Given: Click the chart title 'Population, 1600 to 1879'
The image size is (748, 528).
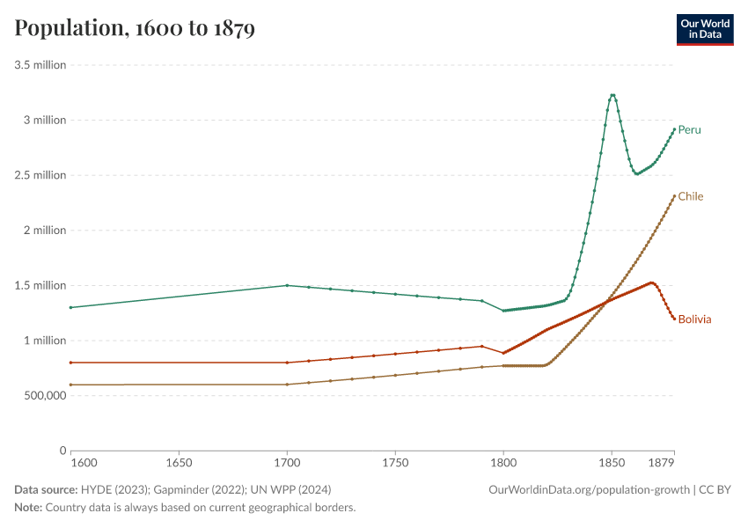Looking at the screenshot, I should pyautogui.click(x=135, y=29).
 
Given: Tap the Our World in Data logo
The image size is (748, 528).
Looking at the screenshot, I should pyautogui.click(x=704, y=29).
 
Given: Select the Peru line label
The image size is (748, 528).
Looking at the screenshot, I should pyautogui.click(x=689, y=130).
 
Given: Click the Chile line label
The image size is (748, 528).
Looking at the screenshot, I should pyautogui.click(x=690, y=196).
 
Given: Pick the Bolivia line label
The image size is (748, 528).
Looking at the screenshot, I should pyautogui.click(x=694, y=319).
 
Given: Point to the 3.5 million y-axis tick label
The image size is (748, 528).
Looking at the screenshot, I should pyautogui.click(x=40, y=65).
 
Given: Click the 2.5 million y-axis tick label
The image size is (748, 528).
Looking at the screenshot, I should pyautogui.click(x=40, y=175).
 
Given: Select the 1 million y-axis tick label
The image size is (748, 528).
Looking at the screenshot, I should pyautogui.click(x=45, y=341).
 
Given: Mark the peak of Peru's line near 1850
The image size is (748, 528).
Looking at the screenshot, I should pyautogui.click(x=612, y=95).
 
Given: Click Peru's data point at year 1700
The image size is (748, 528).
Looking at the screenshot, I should pyautogui.click(x=287, y=285).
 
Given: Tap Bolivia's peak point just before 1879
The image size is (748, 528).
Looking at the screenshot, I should pyautogui.click(x=651, y=282).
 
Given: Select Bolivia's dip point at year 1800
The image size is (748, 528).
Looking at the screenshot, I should pyautogui.click(x=503, y=353).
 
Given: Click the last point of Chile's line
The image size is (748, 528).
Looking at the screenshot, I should pyautogui.click(x=674, y=196).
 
